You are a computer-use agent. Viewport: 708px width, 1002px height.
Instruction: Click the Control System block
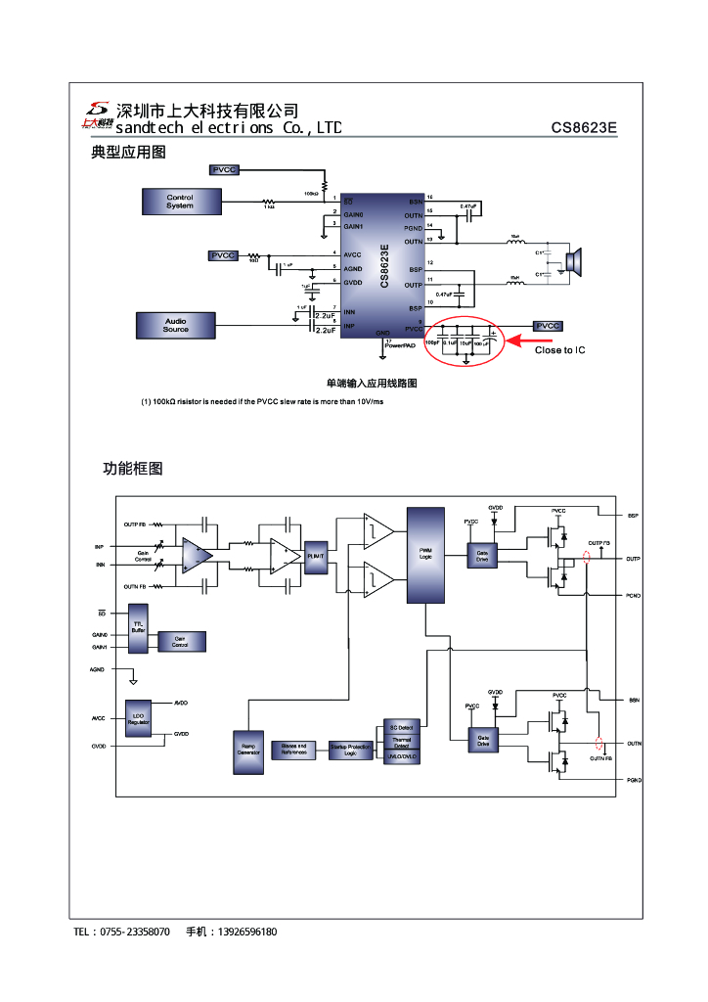pos(180,202)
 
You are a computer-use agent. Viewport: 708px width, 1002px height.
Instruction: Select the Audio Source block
pos(176,325)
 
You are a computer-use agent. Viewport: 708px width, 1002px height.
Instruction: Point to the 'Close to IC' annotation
pos(560,350)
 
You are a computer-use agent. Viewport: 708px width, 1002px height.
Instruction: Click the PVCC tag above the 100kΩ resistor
pos(224,170)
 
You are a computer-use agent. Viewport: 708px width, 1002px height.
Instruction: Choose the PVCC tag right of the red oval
pos(548,326)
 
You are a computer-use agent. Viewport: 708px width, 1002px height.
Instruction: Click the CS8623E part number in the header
pos(584,128)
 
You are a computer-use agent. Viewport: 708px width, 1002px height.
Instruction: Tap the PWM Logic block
pos(425,554)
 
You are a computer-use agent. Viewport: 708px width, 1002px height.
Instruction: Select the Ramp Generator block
pos(248,751)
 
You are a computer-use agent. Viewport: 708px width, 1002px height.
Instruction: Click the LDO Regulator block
pos(138,719)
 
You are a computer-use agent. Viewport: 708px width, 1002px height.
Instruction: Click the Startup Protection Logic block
pos(351,751)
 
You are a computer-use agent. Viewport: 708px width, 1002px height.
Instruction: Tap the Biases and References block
pos(294,750)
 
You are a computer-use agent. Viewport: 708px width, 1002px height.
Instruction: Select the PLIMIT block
pos(316,555)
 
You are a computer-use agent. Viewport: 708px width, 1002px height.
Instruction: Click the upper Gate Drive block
pos(482,555)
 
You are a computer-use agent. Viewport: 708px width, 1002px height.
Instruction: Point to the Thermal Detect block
pos(402,742)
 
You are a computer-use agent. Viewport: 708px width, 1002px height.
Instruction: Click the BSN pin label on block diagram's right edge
pos(634,701)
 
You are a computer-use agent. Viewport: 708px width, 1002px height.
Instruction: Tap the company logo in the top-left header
pos(97,115)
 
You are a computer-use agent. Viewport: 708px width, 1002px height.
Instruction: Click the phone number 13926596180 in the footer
pos(246,932)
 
